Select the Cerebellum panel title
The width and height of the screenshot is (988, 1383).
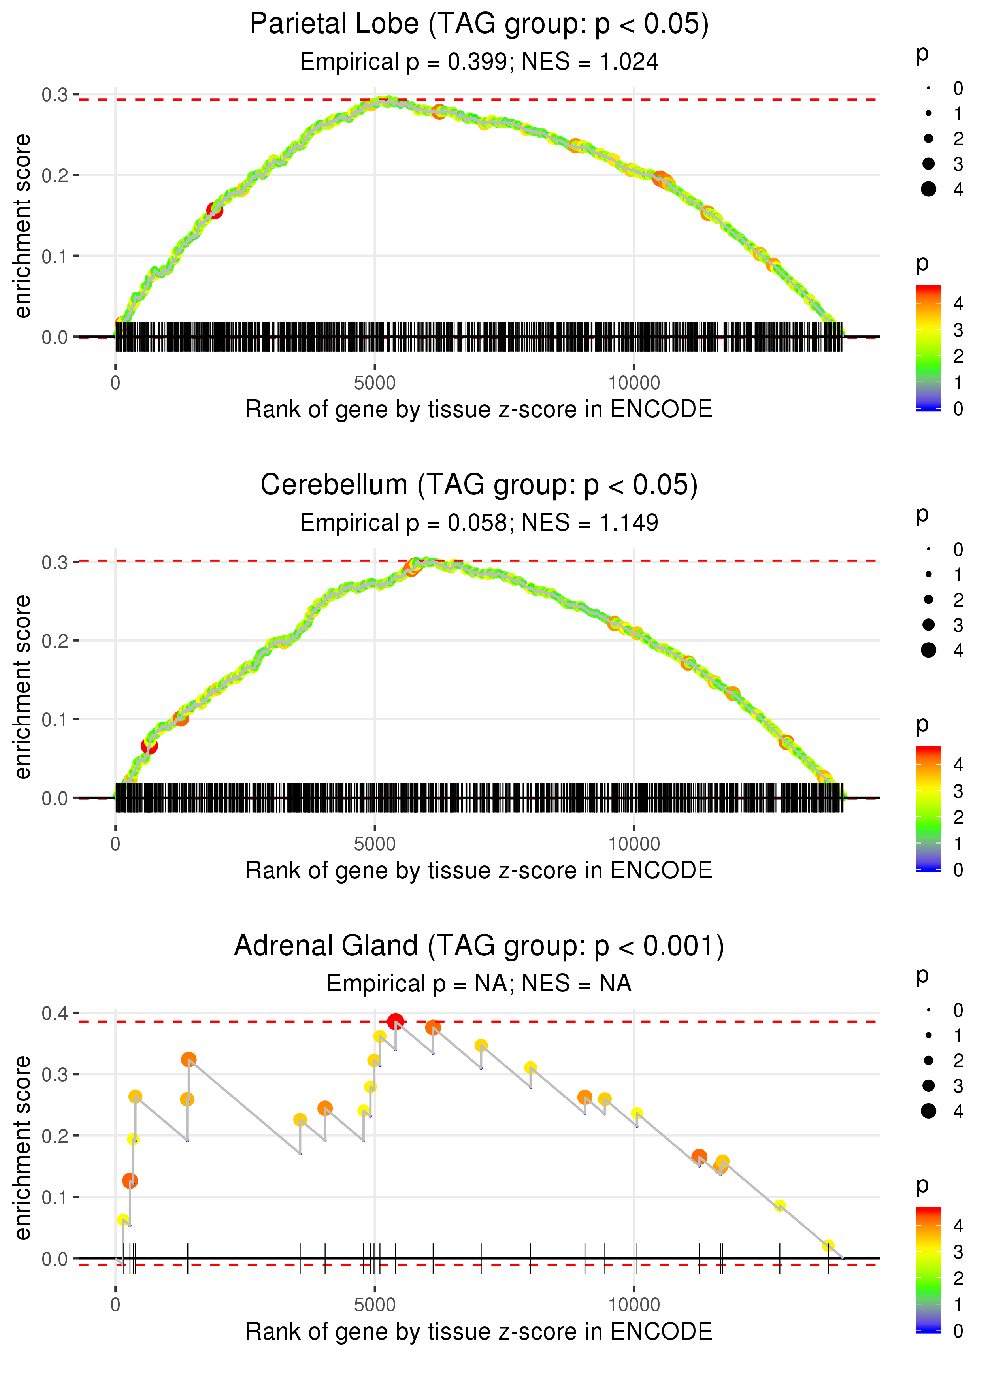(479, 485)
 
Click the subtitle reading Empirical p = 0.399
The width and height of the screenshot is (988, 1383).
(479, 62)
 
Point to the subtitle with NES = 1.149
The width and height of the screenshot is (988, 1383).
(479, 523)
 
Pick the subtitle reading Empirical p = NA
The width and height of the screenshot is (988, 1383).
(479, 984)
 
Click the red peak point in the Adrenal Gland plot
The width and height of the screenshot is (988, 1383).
(396, 1021)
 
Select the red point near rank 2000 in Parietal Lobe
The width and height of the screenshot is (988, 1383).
(215, 211)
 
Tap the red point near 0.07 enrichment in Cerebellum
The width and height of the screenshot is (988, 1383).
(149, 746)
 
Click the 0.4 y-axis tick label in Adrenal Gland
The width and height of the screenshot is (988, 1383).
(55, 1013)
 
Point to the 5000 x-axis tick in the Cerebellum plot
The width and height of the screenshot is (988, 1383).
(375, 844)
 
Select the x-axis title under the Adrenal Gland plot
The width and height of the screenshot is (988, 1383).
(479, 1331)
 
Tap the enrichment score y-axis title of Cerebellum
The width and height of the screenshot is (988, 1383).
(23, 687)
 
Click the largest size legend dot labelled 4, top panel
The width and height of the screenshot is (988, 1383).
(928, 189)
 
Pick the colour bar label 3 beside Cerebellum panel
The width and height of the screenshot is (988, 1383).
(958, 791)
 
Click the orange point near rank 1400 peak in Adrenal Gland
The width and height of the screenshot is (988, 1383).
(189, 1059)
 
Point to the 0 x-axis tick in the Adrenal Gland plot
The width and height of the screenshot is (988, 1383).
(115, 1304)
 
